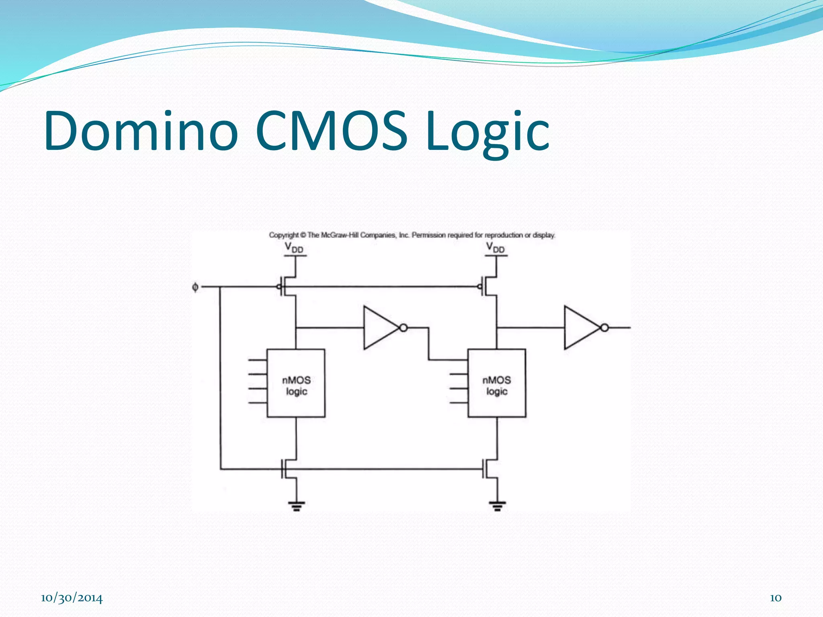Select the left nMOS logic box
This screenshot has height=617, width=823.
click(296, 383)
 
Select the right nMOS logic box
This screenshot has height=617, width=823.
click(497, 383)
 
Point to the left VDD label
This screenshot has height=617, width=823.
click(294, 247)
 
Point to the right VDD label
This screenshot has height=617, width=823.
click(495, 247)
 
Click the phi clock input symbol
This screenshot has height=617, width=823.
click(195, 287)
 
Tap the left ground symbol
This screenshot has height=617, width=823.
click(297, 505)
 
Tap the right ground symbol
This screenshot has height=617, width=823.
click(497, 505)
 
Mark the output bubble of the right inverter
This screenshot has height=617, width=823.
click(604, 328)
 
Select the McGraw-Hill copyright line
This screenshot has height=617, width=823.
click(412, 235)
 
